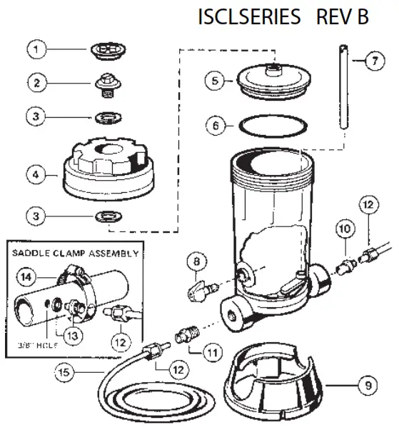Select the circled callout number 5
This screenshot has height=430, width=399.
click(213, 81)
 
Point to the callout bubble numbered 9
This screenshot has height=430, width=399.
click(367, 386)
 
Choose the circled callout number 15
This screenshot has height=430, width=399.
click(65, 371)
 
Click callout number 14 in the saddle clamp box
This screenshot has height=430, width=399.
click(26, 276)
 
